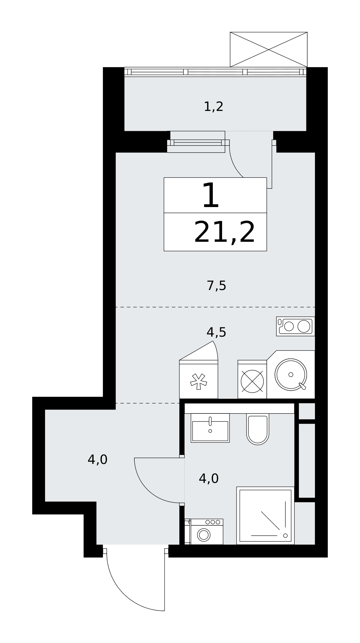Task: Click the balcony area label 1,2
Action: pyautogui.click(x=213, y=106)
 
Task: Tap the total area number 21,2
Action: pyautogui.click(x=224, y=232)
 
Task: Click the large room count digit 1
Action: pyautogui.click(x=211, y=195)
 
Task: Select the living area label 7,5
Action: pyautogui.click(x=216, y=285)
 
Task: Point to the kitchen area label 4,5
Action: pyautogui.click(x=216, y=332)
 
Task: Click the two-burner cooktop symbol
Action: pyautogui.click(x=295, y=326)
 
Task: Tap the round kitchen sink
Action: pyautogui.click(x=291, y=375)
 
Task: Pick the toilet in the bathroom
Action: pyautogui.click(x=258, y=429)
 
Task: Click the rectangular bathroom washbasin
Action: pyautogui.click(x=210, y=428)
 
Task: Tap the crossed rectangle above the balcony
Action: pyautogui.click(x=269, y=50)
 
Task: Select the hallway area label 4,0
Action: pyautogui.click(x=97, y=460)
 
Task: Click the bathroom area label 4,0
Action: pyautogui.click(x=209, y=479)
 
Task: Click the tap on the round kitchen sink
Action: pyautogui.click(x=302, y=386)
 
